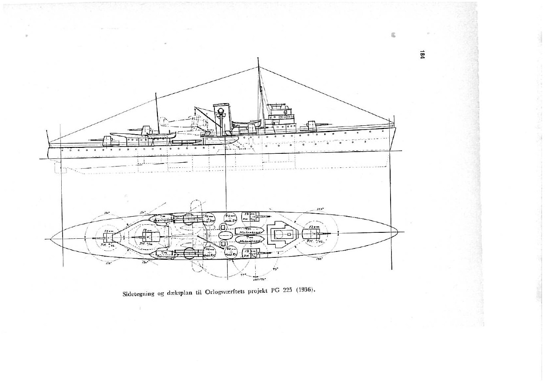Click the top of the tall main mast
[258, 59]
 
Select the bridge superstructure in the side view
[281, 116]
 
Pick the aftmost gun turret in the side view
[108, 140]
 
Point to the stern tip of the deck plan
[51, 239]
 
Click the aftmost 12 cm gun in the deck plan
[108, 237]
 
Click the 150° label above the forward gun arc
[320, 209]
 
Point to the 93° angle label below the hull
[275, 269]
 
